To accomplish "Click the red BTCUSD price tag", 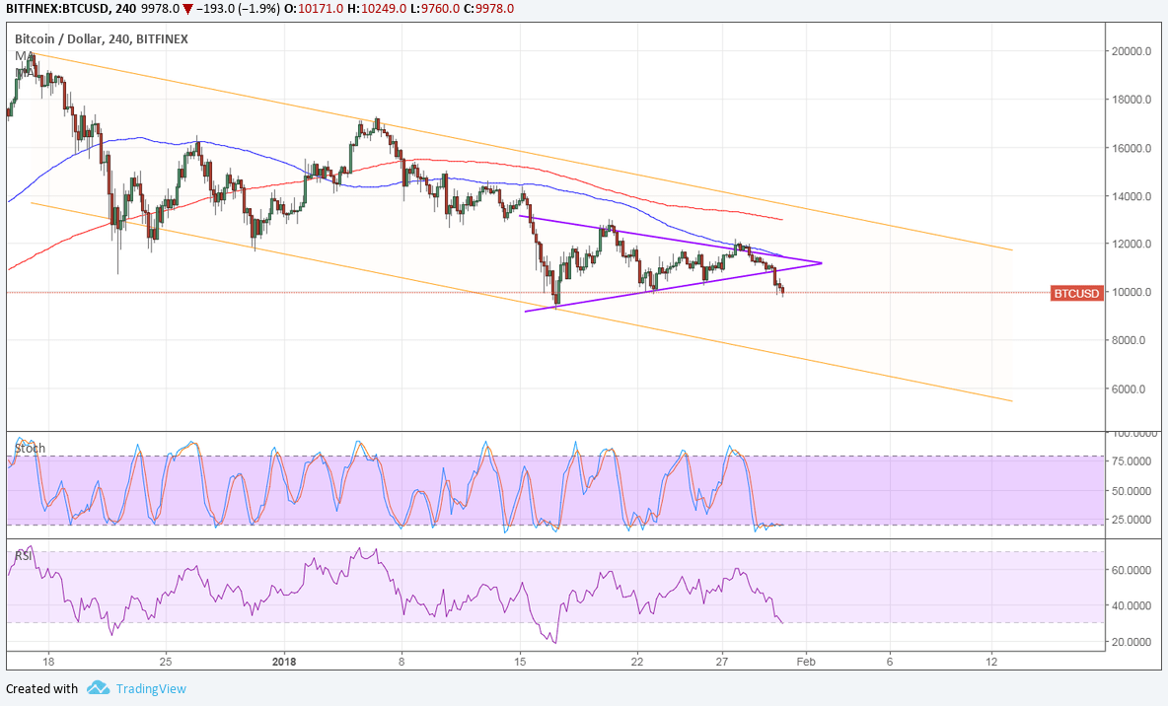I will [x=1076, y=293].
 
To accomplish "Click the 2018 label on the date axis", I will [x=284, y=662].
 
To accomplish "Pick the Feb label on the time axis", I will [x=806, y=662].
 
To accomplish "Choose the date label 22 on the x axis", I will [x=637, y=662].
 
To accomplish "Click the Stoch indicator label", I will [x=30, y=449].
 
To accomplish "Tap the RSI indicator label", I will [x=24, y=556].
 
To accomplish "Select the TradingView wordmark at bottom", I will [x=150, y=688].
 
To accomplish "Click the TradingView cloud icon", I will [x=98, y=688].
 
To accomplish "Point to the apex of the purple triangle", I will [x=821, y=262].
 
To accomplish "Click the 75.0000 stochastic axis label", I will [x=1130, y=461].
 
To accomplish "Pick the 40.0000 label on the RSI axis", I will [x=1130, y=605].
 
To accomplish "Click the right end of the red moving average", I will [x=782, y=219].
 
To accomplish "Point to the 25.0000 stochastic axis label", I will [x=1130, y=520].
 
